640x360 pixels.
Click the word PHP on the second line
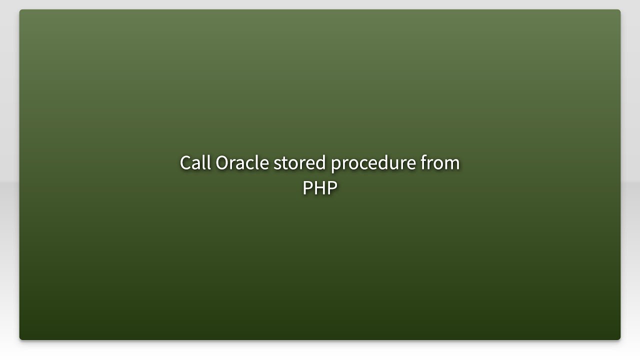320,188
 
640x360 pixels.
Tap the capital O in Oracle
221,163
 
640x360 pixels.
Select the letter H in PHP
320,188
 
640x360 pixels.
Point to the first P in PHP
307,188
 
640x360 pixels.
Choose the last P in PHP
332,188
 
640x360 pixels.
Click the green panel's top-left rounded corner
21,11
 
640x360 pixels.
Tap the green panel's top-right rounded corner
618,11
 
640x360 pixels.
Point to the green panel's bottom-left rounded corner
21,338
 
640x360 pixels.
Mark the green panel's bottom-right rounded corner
618,338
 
